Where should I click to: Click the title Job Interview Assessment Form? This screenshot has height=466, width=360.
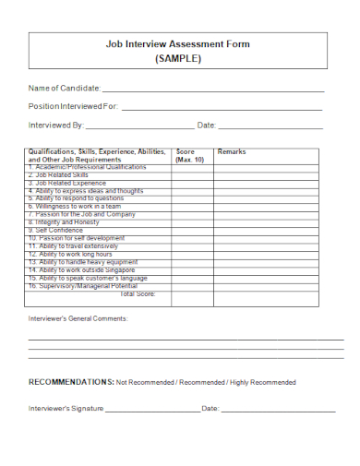click(x=178, y=43)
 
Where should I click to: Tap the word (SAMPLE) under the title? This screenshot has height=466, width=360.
click(x=178, y=58)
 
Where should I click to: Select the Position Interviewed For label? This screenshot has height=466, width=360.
click(x=74, y=106)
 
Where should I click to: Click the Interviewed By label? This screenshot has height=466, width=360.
click(x=56, y=125)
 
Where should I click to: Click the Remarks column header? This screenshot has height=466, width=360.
click(x=232, y=151)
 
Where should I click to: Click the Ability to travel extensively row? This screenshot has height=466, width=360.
click(x=73, y=246)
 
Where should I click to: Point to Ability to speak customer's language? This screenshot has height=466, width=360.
click(x=87, y=278)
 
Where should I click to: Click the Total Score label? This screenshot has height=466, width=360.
click(x=138, y=293)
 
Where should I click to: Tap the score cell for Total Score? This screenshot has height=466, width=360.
click(x=192, y=294)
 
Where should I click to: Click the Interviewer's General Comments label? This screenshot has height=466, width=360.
click(x=78, y=318)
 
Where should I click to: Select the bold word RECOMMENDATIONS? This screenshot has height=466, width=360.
click(x=71, y=381)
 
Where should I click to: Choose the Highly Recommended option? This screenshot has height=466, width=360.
click(x=262, y=382)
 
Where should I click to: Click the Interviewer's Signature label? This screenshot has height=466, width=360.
click(x=66, y=407)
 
